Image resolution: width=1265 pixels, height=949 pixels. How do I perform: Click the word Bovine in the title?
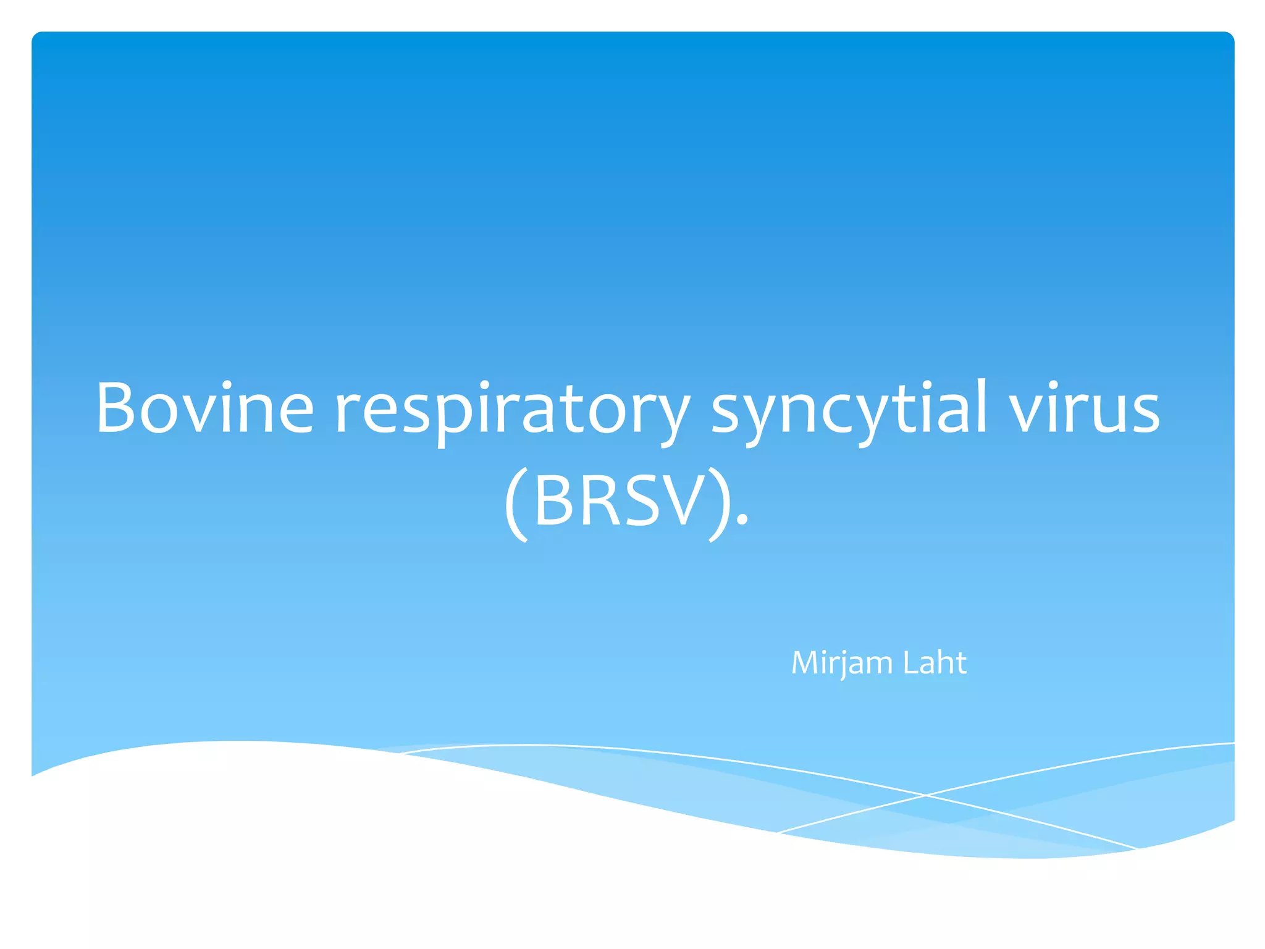(x=204, y=408)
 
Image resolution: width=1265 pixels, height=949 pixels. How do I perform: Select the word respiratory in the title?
(x=512, y=411)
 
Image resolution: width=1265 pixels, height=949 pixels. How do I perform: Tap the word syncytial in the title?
(x=849, y=411)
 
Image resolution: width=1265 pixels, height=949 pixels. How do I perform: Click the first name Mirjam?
(x=842, y=663)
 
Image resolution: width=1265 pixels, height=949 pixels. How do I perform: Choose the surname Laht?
(x=935, y=662)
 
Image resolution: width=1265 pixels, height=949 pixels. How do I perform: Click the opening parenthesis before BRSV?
(x=516, y=504)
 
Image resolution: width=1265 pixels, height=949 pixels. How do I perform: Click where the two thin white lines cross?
(x=925, y=796)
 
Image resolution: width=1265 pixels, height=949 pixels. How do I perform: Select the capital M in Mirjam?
(x=806, y=663)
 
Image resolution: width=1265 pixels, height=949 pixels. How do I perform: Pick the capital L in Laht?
(x=909, y=662)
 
